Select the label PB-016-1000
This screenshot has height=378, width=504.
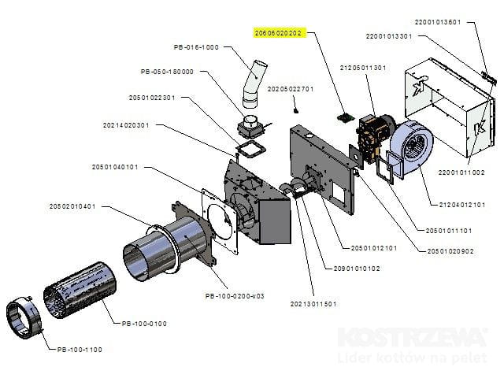click(x=197, y=47)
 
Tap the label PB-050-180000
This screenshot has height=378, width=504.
click(x=167, y=72)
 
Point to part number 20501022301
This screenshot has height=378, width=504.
click(x=151, y=98)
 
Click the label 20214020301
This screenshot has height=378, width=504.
click(x=126, y=124)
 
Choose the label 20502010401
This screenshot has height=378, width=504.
click(x=72, y=206)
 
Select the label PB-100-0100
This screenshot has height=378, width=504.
click(x=145, y=323)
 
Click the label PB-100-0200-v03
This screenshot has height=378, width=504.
click(x=234, y=295)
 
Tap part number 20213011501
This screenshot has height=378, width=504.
click(x=313, y=303)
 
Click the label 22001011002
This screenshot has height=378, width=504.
click(x=461, y=172)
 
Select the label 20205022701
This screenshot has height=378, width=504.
click(x=291, y=89)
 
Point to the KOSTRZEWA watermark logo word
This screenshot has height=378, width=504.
click(x=411, y=338)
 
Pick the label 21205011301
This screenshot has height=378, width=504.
click(x=363, y=68)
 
